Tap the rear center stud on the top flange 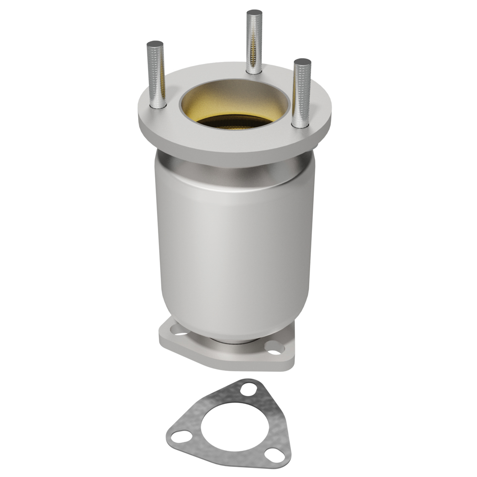[254, 43]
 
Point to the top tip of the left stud [155, 43]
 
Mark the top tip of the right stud [302, 62]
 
